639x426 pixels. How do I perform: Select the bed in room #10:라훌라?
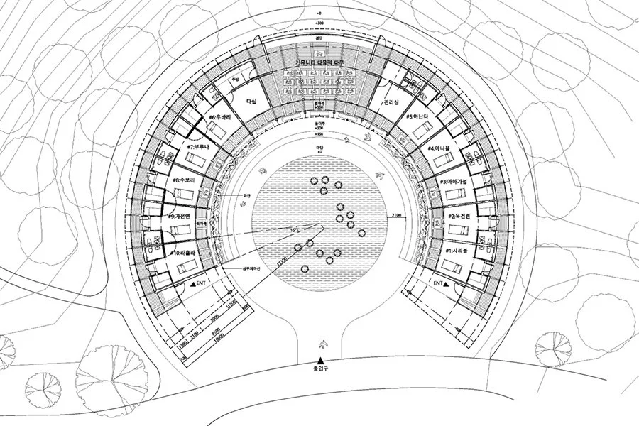pyautogui.click(x=190, y=266)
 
